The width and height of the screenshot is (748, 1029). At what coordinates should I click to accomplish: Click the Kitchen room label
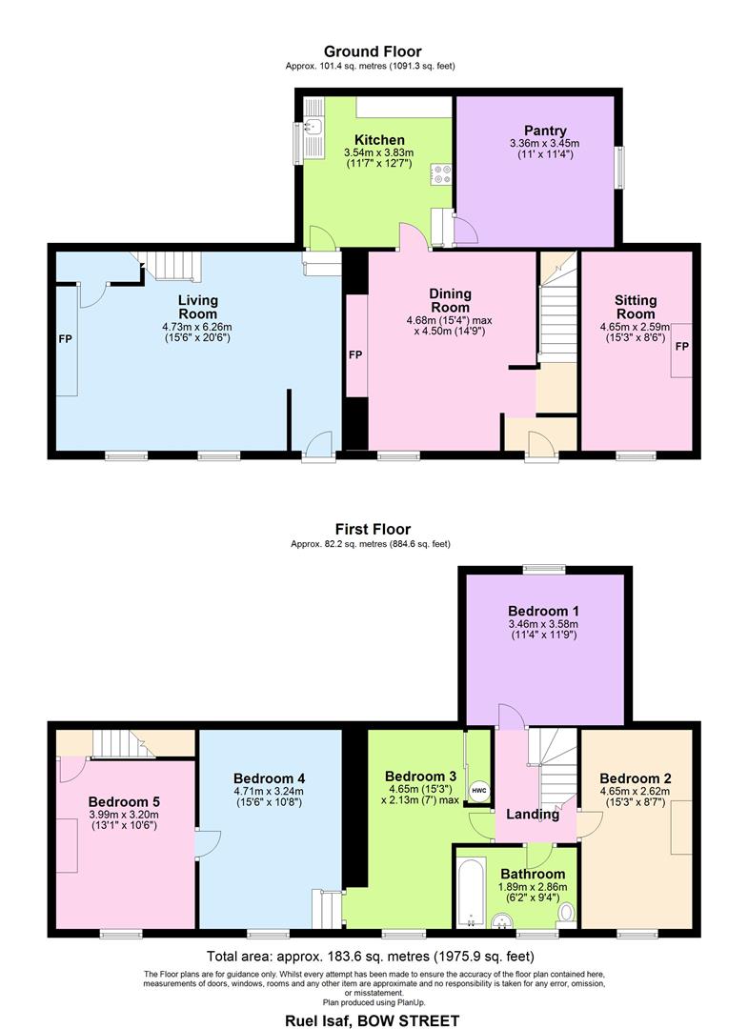(x=379, y=140)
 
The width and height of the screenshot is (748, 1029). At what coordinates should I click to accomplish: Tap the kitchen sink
(x=313, y=127)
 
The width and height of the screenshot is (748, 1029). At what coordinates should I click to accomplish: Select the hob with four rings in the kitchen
(x=441, y=174)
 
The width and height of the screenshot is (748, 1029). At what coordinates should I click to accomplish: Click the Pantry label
(x=545, y=131)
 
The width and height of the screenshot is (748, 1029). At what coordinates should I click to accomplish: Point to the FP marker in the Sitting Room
(x=682, y=346)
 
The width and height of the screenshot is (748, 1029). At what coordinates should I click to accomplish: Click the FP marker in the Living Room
(x=65, y=339)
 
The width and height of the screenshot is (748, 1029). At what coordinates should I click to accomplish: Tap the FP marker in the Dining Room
(x=355, y=355)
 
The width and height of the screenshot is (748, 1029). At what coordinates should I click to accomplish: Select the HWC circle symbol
(x=479, y=790)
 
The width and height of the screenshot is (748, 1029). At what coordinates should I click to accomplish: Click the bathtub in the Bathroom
(x=471, y=891)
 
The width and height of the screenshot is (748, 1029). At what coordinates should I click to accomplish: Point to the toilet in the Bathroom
(x=566, y=913)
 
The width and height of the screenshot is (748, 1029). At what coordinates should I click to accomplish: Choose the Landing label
(x=533, y=815)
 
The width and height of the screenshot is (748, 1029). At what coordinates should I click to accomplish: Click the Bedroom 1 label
(x=543, y=611)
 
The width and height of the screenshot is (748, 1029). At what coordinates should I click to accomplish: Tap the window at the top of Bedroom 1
(x=544, y=569)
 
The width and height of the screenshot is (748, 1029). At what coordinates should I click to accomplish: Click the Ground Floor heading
(x=373, y=51)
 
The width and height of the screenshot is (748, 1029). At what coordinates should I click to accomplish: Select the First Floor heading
(x=373, y=529)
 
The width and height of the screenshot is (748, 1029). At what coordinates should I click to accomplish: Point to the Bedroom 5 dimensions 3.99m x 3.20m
(x=124, y=815)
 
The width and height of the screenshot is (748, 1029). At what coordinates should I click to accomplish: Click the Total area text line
(x=370, y=957)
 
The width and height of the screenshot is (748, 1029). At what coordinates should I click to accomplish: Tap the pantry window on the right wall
(x=618, y=168)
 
